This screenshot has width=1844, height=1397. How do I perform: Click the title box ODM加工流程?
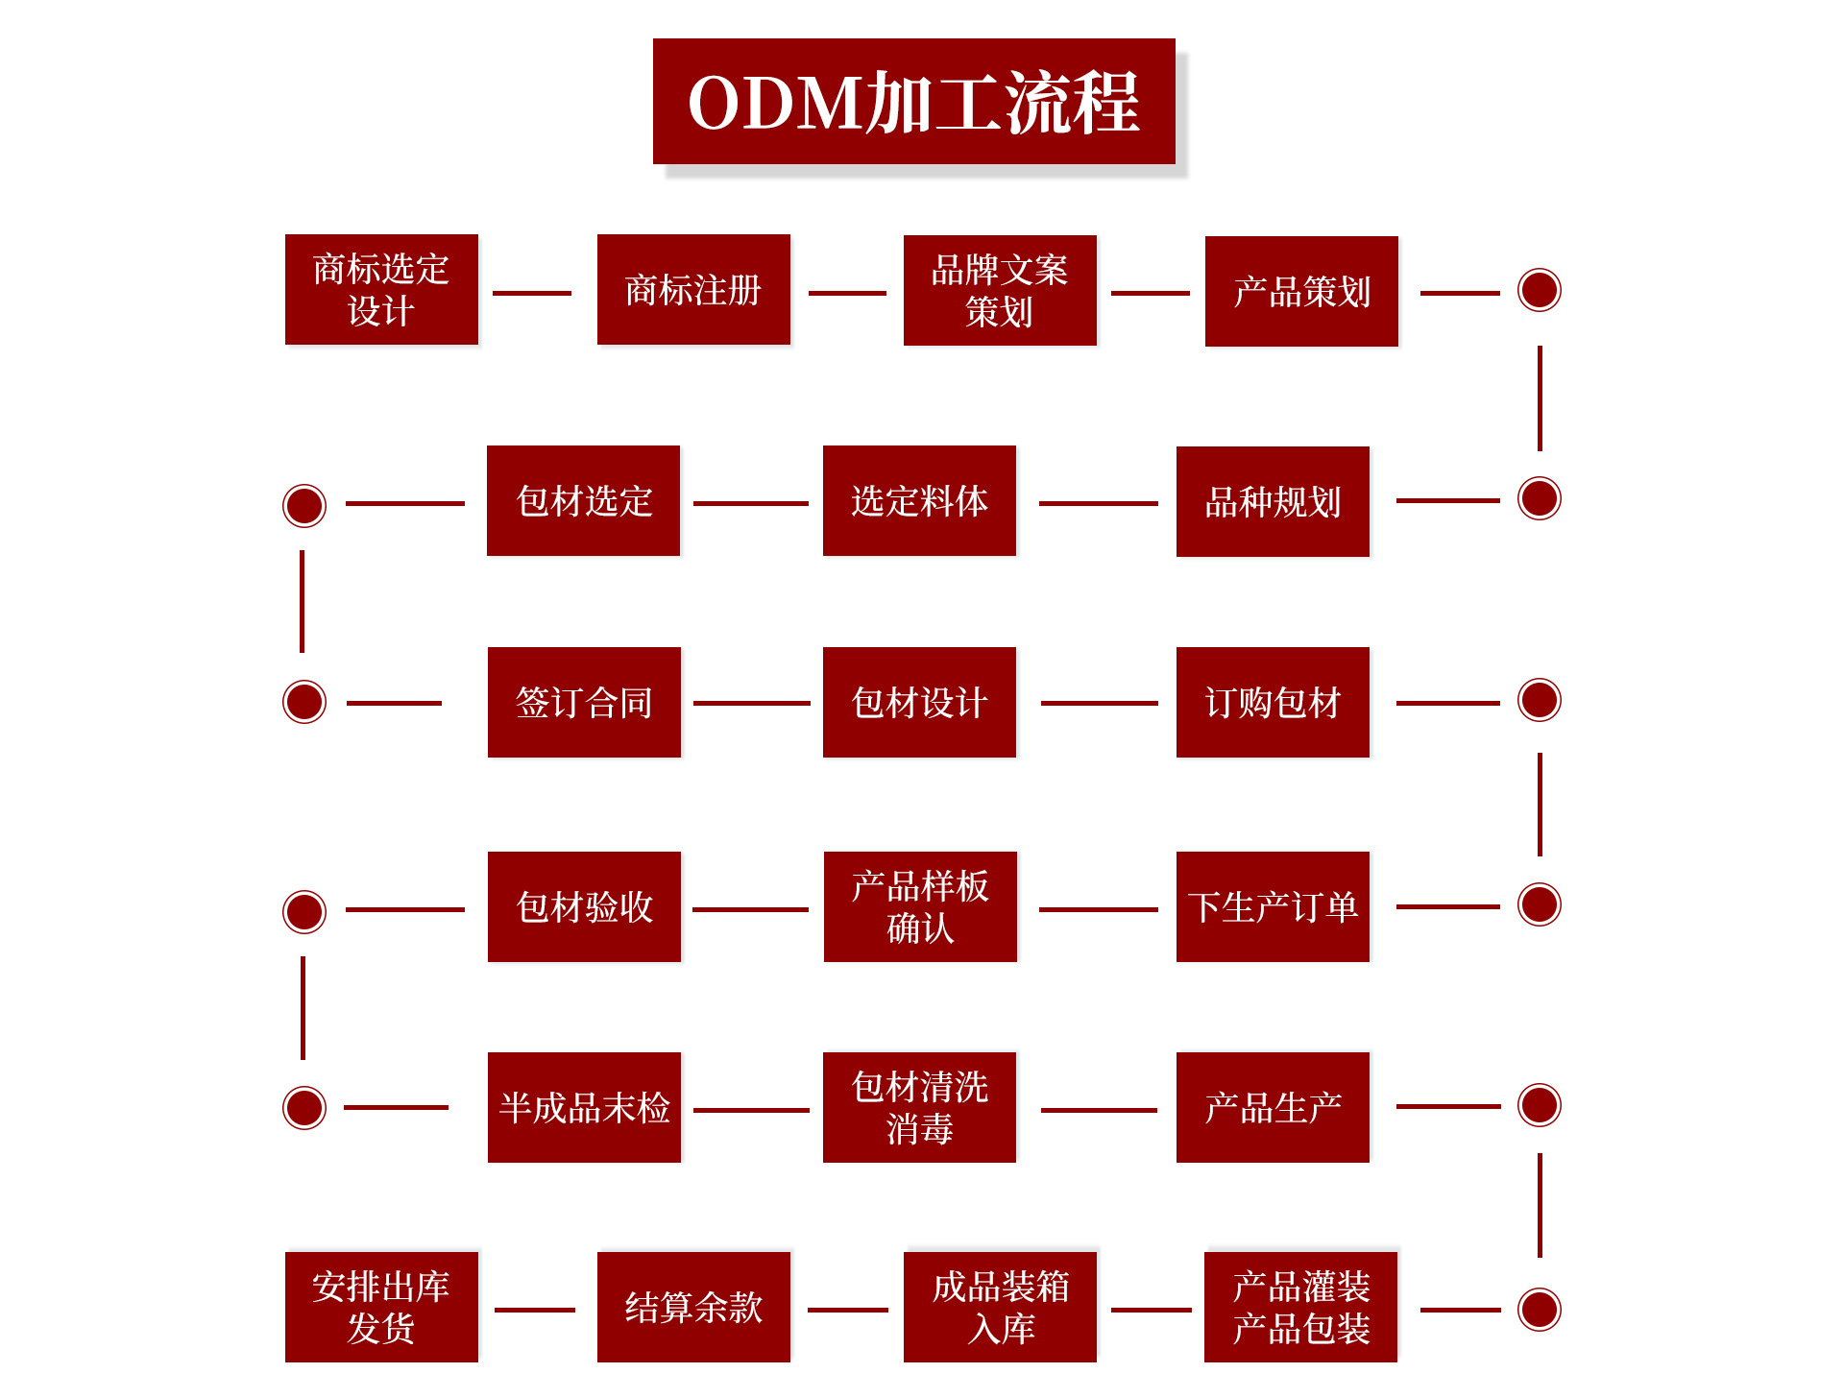(x=913, y=102)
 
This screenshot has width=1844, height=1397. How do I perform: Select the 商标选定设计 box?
(x=381, y=289)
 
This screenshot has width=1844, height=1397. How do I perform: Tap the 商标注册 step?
(x=693, y=289)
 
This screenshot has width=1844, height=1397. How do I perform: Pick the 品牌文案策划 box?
(x=1000, y=290)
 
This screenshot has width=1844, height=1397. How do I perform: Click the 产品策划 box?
(x=1301, y=291)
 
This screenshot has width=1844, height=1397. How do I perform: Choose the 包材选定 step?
(x=583, y=500)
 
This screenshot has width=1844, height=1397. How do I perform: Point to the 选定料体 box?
(x=919, y=500)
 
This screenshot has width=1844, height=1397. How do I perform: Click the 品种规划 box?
(x=1273, y=501)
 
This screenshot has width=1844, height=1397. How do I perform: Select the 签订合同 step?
(x=584, y=702)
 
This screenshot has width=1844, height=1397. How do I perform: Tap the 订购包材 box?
(x=1273, y=702)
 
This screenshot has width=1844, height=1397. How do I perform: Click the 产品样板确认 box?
(x=920, y=906)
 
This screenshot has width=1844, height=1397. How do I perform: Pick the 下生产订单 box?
(x=1273, y=906)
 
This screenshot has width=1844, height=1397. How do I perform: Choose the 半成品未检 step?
(x=584, y=1107)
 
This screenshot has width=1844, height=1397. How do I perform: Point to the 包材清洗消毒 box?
(x=919, y=1107)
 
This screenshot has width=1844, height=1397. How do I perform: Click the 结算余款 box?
(x=693, y=1307)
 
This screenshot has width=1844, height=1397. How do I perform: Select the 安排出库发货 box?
(x=381, y=1307)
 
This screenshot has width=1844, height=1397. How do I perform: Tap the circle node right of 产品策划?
(x=1539, y=290)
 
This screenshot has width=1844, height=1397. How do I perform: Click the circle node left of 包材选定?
(x=304, y=505)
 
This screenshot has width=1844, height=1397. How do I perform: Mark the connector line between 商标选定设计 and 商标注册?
(x=532, y=293)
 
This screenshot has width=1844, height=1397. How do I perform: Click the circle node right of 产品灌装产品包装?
(x=1539, y=1310)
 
